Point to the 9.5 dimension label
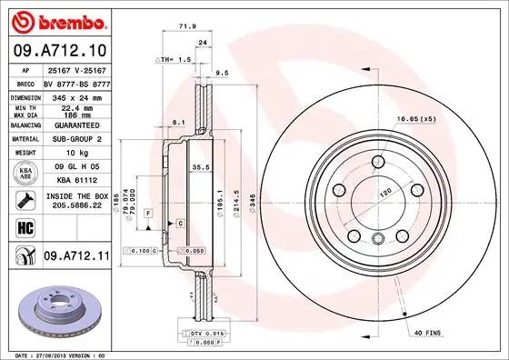221,73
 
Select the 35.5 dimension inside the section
201,166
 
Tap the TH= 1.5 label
175,59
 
